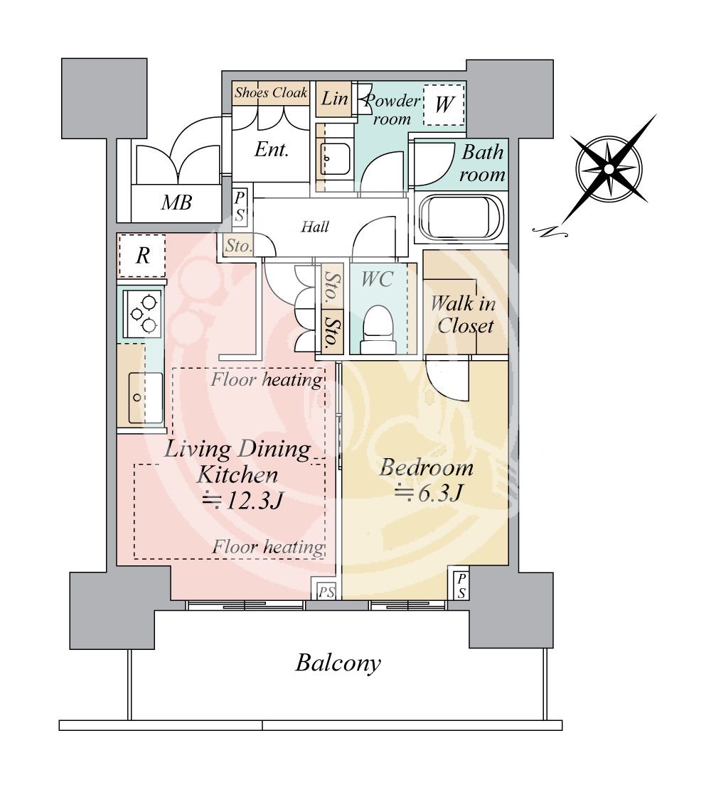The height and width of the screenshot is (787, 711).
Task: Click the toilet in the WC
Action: (378, 329)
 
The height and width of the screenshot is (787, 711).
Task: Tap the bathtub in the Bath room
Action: (461, 218)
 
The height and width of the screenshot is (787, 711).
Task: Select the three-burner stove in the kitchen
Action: (143, 313)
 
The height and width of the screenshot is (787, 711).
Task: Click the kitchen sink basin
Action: (145, 398)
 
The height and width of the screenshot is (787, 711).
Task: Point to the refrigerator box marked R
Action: (142, 256)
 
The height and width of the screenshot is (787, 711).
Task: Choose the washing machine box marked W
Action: (444, 104)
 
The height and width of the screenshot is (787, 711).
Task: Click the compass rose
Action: (609, 170)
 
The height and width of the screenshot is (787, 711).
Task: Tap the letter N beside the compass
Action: (549, 232)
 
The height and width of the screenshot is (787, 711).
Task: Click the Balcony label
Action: (338, 663)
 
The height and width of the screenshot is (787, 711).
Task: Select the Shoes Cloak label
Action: (271, 92)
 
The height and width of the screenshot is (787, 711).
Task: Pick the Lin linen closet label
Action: (335, 98)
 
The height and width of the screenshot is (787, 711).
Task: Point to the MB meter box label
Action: (176, 202)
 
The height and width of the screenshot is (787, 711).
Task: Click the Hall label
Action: (315, 227)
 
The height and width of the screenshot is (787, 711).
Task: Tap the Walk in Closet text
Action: (464, 315)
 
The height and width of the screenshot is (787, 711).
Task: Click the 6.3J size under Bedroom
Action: (428, 493)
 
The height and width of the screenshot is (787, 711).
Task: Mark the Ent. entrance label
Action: (272, 150)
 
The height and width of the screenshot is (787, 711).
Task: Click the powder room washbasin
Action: (336, 158)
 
